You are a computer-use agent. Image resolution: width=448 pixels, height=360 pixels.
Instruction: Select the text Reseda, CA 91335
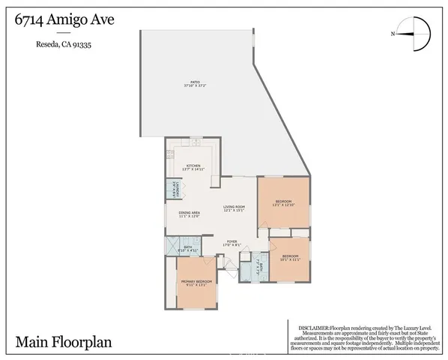coord(69,44)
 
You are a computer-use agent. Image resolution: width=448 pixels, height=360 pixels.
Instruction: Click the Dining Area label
coord(189,213)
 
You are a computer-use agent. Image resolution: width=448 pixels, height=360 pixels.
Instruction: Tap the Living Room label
coord(234,207)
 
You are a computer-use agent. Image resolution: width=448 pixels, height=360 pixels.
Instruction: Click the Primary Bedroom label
coord(197,281)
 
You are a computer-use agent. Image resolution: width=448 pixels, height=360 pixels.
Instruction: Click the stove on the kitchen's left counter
coord(170,155)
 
